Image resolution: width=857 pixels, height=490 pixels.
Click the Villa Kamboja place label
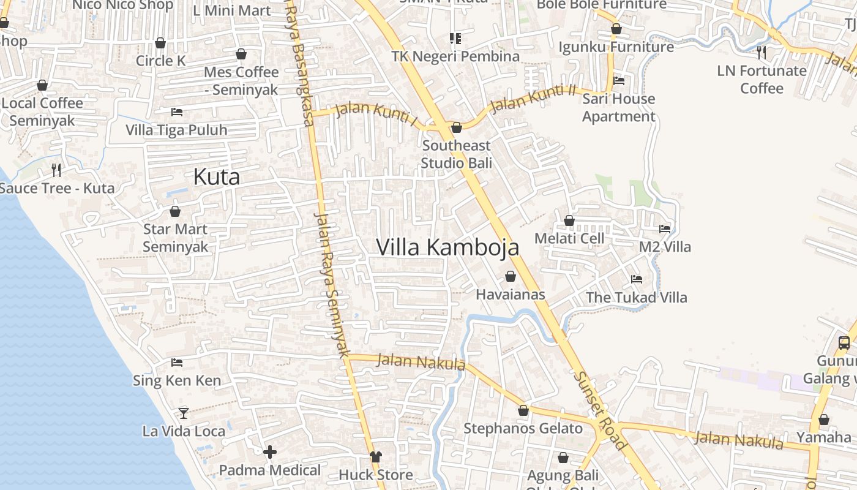[447, 247]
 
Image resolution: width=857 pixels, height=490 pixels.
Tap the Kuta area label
[216, 177]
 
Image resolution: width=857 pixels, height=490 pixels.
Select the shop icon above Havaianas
[511, 277]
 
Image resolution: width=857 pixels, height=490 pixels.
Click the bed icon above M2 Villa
[665, 229]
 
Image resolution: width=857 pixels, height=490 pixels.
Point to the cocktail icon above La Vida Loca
[184, 413]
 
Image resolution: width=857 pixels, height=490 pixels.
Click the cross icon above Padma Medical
[270, 452]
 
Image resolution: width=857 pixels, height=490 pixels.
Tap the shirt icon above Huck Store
[375, 457]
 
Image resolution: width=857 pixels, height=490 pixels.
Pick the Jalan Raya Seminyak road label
[331, 284]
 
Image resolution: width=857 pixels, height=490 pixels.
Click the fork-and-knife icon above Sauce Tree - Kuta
[56, 170]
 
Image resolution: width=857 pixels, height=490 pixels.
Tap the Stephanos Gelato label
[523, 428]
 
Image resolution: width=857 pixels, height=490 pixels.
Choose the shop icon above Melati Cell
[569, 221]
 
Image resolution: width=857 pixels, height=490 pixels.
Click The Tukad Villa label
[637, 298]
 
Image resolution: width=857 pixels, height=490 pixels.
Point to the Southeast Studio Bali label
[456, 154]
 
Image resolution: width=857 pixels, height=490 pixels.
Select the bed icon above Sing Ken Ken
[177, 363]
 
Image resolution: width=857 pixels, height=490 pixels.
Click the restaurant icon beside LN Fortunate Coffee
[761, 53]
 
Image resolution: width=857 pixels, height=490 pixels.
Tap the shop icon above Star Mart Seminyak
[175, 212]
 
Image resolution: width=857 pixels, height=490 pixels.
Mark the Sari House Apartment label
[618, 107]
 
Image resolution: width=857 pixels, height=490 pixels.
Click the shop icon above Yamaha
[824, 420]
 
